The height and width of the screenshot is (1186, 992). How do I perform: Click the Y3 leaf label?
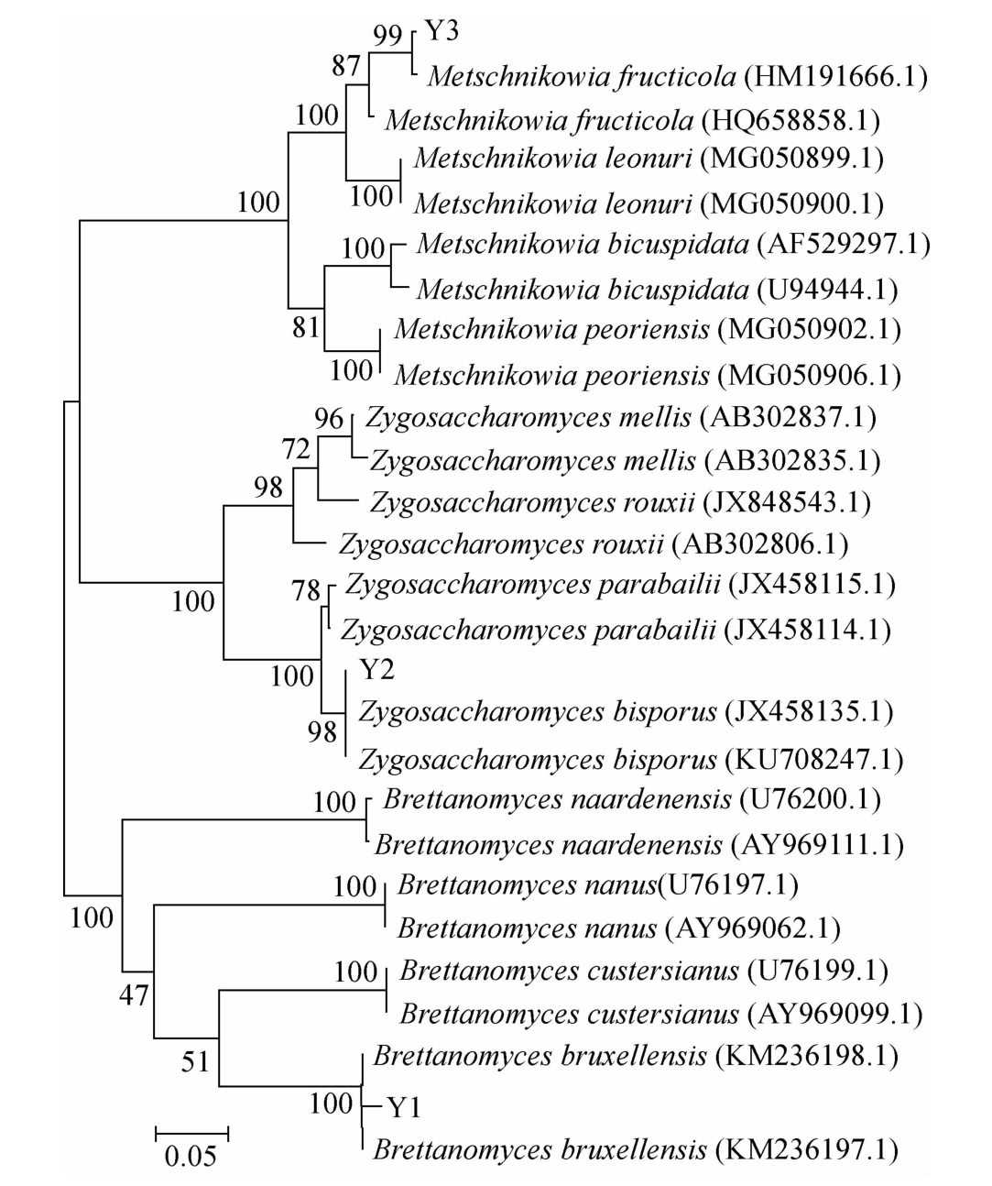pos(441,31)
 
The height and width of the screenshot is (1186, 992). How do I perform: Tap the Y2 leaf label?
pos(376,670)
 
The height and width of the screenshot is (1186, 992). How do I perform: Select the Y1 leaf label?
pos(402,1108)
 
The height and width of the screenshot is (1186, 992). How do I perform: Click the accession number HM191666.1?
pos(836,75)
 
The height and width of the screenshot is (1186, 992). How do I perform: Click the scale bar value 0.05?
pos(191,1156)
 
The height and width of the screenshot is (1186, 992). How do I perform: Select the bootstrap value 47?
pos(134,995)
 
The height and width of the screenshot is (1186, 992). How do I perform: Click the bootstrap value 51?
pos(194,1061)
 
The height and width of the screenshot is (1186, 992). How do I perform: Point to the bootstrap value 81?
pos(306,327)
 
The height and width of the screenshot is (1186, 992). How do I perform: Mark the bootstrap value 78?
pos(307,591)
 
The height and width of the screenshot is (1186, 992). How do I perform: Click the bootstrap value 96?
pos(329,420)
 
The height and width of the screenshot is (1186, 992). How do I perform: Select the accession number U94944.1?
pos(827,290)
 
